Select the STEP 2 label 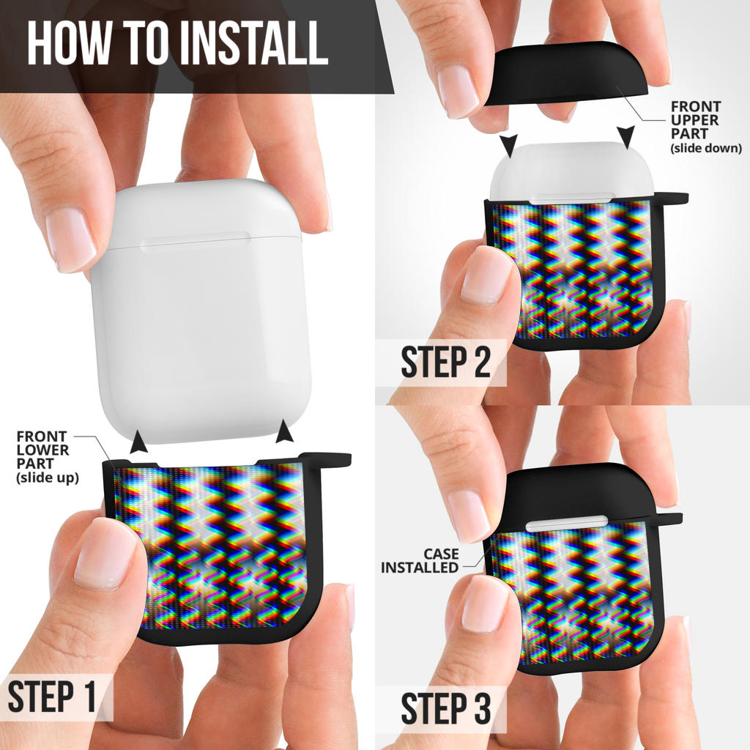(x=446, y=362)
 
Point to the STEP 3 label (x=446, y=708)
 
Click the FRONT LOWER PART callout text (x=48, y=457)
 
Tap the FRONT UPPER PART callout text (x=705, y=127)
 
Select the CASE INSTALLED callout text (x=420, y=560)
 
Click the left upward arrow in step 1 (x=139, y=441)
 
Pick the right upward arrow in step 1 (x=285, y=431)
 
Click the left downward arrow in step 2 (x=509, y=146)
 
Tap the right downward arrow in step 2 (x=625, y=137)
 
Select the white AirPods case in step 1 (x=201, y=311)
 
